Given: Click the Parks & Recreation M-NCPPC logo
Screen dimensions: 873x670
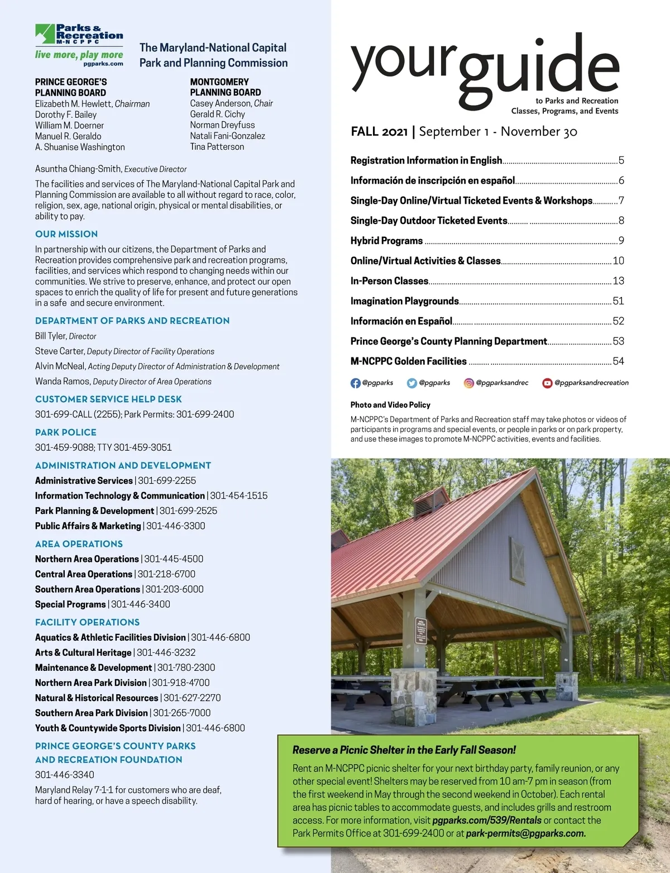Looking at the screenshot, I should pos(79,45).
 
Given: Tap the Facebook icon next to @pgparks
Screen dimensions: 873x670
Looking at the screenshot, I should pos(355,383).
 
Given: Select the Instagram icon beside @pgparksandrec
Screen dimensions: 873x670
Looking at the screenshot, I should pos(469,383).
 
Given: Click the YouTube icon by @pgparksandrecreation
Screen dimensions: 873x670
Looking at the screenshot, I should pos(547,383).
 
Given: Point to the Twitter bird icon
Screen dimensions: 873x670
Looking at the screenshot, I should pos(412,383).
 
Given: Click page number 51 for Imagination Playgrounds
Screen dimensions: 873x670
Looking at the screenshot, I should pos(618,301).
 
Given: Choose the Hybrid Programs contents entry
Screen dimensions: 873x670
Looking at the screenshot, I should pos(386,241).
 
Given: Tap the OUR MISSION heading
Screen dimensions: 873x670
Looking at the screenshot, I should pos(66,234).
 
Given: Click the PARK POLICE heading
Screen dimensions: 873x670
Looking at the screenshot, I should pos(66,432).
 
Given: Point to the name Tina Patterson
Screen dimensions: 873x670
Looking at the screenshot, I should pos(217,147).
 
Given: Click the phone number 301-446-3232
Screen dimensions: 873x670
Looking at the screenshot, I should pos(166,652).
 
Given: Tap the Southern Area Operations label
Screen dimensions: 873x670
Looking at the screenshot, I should pos(88,589).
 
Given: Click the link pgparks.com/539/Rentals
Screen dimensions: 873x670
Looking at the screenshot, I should pos(487,820).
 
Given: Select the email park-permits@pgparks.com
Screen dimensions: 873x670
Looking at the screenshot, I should pos(525,833).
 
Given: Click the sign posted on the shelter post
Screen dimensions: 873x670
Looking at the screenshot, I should pos(421,631).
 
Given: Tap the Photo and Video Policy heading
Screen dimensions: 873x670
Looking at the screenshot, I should pos(390,405).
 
